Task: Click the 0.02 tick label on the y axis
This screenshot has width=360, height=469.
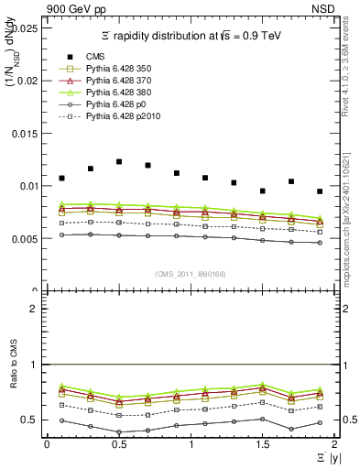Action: click(28, 81)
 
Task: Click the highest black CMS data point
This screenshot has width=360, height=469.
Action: click(119, 161)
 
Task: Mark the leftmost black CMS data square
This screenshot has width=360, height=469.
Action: click(61, 178)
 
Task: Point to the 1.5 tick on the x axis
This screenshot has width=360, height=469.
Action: click(263, 444)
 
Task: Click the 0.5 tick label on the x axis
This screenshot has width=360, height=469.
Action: click(119, 444)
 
